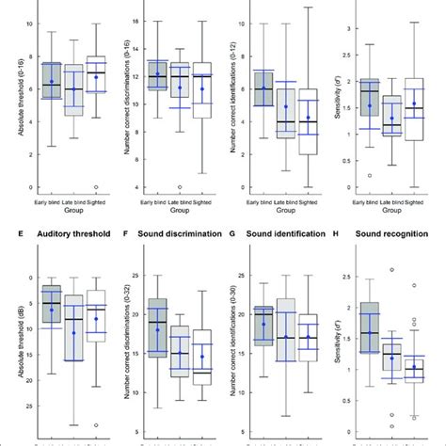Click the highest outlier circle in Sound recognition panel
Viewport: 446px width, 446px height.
click(x=392, y=270)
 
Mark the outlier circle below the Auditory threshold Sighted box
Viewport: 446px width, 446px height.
click(x=96, y=425)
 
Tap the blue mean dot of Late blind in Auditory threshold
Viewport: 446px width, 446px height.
click(x=74, y=332)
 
